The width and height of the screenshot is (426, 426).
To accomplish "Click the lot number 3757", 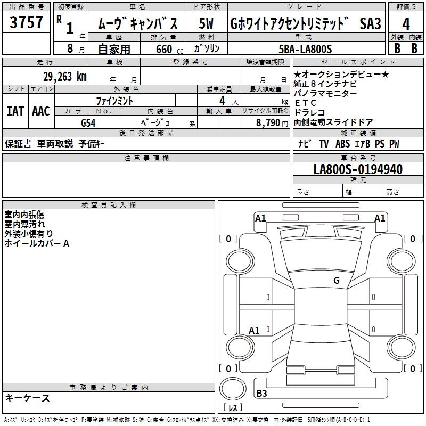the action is pyautogui.click(x=26, y=22).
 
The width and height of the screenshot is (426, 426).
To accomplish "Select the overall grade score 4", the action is pyautogui.click(x=406, y=24).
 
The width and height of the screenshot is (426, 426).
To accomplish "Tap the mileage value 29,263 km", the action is pyautogui.click(x=65, y=77).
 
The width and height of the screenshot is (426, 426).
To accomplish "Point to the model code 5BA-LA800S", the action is pyautogui.click(x=305, y=49).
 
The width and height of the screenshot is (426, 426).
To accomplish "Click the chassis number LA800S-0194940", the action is pyautogui.click(x=358, y=169).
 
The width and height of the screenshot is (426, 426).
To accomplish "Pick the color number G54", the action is pyautogui.click(x=88, y=123).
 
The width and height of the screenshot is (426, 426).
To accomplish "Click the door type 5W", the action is pyautogui.click(x=206, y=23).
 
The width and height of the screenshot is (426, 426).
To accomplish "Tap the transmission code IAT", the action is pyautogui.click(x=15, y=111).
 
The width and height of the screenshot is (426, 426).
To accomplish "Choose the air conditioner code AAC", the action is pyautogui.click(x=41, y=111).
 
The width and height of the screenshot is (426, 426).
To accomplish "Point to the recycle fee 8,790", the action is pyautogui.click(x=268, y=122).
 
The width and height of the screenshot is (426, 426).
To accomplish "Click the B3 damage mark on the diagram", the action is pyautogui.click(x=261, y=393).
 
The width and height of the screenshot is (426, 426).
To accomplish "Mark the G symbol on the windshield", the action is pyautogui.click(x=337, y=281).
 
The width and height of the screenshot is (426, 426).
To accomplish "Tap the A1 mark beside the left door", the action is pyautogui.click(x=254, y=330).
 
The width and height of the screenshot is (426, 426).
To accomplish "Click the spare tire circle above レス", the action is pyautogui.click(x=233, y=389).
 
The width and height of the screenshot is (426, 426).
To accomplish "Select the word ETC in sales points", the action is pyautogui.click(x=305, y=103).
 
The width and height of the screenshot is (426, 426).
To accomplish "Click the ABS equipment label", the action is pyautogui.click(x=342, y=144).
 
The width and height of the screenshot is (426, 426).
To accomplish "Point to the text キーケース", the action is pyautogui.click(x=27, y=398).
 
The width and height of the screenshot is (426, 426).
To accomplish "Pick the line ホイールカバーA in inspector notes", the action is pyautogui.click(x=37, y=243).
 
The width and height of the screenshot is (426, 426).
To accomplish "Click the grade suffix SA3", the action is pyautogui.click(x=370, y=23).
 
